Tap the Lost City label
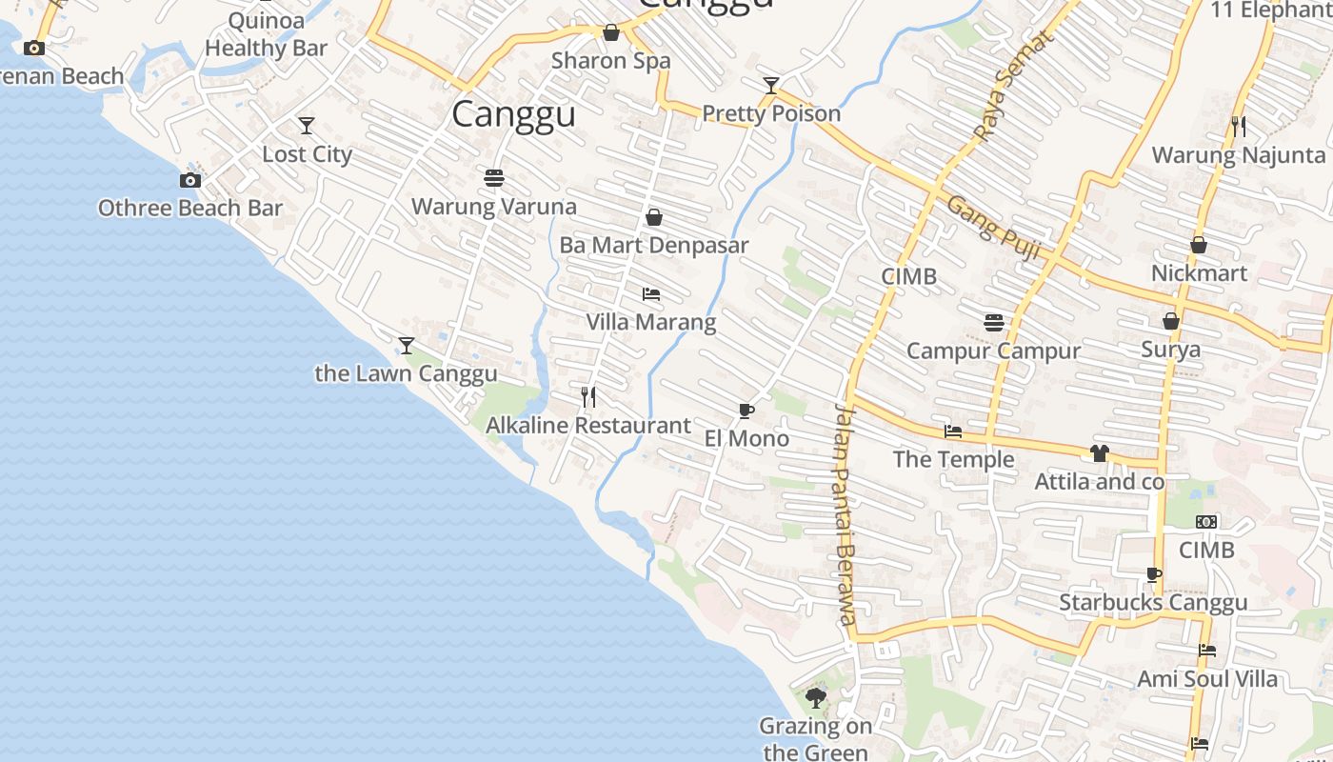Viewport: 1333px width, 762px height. pyautogui.click(x=307, y=154)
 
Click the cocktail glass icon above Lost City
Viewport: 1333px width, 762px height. pyautogui.click(x=307, y=125)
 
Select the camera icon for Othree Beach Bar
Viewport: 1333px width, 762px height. pyautogui.click(x=190, y=180)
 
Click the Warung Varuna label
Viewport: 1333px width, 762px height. pyautogui.click(x=493, y=207)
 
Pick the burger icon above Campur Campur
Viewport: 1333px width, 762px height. pyautogui.click(x=994, y=322)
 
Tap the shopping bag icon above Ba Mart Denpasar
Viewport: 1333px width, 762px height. pyautogui.click(x=654, y=217)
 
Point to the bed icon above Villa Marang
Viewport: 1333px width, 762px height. pyautogui.click(x=651, y=293)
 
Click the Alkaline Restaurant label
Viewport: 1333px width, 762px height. pyautogui.click(x=588, y=426)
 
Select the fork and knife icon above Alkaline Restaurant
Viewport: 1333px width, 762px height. pyautogui.click(x=588, y=396)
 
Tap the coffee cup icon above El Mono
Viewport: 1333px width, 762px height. pyautogui.click(x=746, y=411)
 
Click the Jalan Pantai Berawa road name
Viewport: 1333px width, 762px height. pyautogui.click(x=846, y=514)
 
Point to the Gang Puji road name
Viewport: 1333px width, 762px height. pyautogui.click(x=992, y=228)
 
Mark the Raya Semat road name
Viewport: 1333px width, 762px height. pyautogui.click(x=1014, y=86)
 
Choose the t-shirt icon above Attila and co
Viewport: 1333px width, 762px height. pyautogui.click(x=1100, y=453)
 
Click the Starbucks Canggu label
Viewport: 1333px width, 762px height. pyautogui.click(x=1153, y=603)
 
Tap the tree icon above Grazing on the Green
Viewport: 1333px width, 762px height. pyautogui.click(x=815, y=698)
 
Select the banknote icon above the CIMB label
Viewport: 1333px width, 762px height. pyautogui.click(x=1206, y=522)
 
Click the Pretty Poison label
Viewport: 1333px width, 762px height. pyautogui.click(x=771, y=114)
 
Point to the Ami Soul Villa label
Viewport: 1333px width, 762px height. pyautogui.click(x=1207, y=679)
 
